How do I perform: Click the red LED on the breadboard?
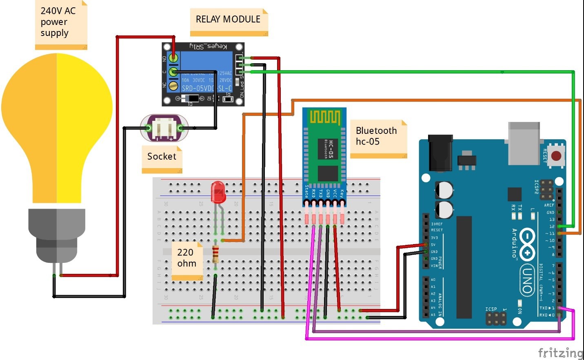[218, 192]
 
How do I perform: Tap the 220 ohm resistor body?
[215, 254]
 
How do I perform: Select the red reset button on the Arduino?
[556, 156]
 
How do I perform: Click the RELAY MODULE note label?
[229, 20]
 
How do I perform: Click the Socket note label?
[162, 157]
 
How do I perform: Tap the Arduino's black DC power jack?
[440, 153]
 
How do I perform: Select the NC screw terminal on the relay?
[173, 85]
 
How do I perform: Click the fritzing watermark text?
[560, 352]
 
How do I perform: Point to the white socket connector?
[165, 128]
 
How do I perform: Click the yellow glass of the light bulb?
[57, 122]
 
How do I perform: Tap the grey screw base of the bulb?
[57, 235]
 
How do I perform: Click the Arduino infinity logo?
[527, 244]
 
